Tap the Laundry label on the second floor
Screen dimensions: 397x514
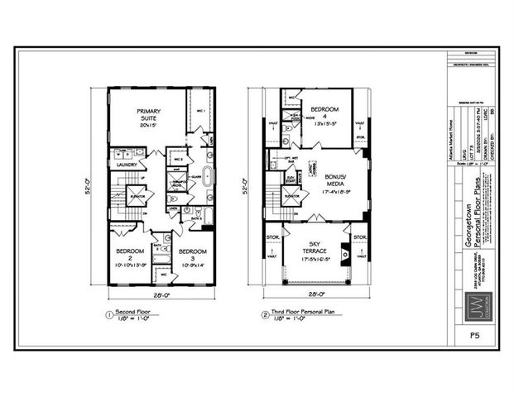tap(127, 165)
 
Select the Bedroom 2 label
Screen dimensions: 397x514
tap(131, 256)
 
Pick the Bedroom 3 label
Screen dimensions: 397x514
tap(192, 256)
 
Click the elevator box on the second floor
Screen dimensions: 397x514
tap(138, 197)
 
